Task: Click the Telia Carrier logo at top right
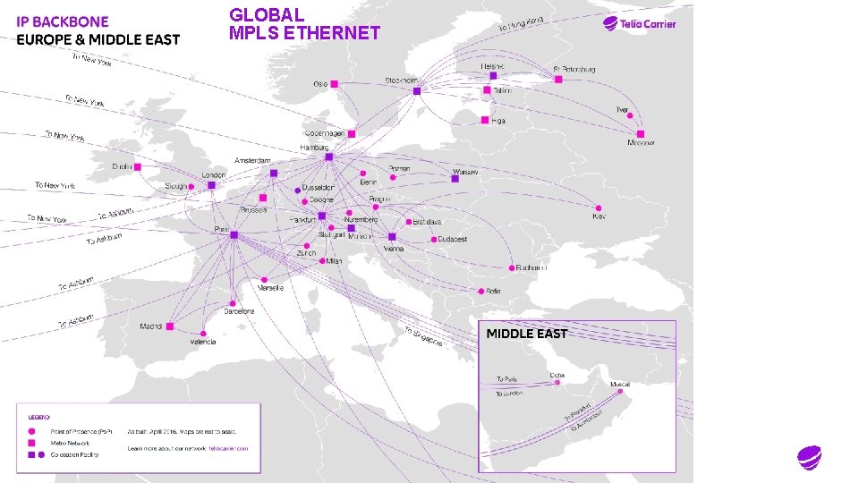[639, 24]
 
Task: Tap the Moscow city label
[641, 143]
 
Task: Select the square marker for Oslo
[335, 83]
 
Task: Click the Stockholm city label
[402, 80]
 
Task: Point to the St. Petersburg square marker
[558, 80]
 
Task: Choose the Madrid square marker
[169, 326]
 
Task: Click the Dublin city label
[122, 165]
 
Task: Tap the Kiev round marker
[600, 204]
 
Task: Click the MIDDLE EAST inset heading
[526, 334]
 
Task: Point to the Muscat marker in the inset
[625, 393]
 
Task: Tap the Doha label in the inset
[557, 375]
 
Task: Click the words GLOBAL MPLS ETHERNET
[304, 24]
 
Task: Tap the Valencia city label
[202, 343]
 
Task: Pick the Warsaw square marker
[455, 179]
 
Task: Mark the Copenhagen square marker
[352, 133]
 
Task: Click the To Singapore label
[424, 340]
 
